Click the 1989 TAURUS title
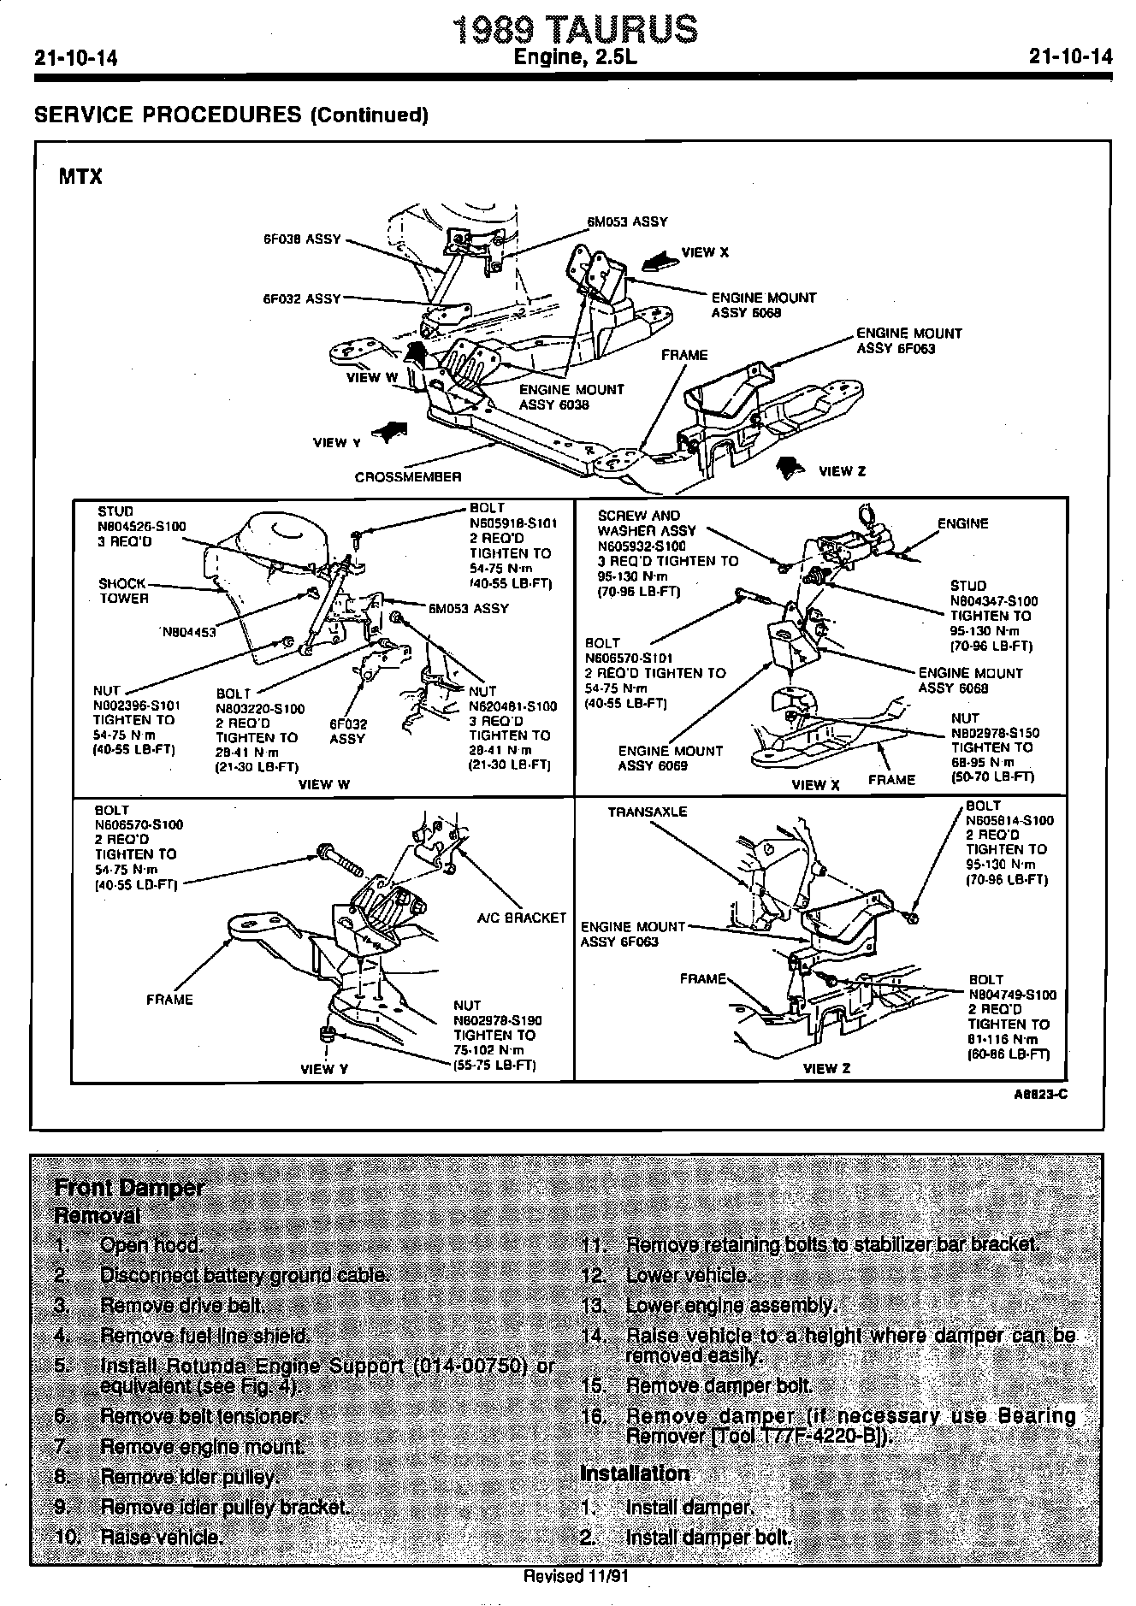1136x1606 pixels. pos(574,29)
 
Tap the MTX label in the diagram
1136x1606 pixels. pos(80,177)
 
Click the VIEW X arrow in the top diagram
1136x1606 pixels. pos(660,258)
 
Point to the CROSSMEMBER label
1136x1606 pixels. pos(408,477)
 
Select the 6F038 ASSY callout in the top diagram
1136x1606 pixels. pos(301,239)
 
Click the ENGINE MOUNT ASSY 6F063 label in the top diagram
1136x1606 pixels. pos(908,340)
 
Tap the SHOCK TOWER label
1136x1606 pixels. pos(123,591)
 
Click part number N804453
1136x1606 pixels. pos(189,632)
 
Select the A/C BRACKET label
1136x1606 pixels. pos(521,918)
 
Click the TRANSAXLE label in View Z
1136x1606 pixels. pos(648,812)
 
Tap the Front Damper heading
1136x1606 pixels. pos(129,1187)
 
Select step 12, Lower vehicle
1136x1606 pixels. pos(687,1275)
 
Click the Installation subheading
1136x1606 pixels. pos(635,1473)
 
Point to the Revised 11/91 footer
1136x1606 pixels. pos(576,1576)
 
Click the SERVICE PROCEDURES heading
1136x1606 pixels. pos(231,115)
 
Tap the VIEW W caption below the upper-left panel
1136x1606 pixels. pos(324,784)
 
